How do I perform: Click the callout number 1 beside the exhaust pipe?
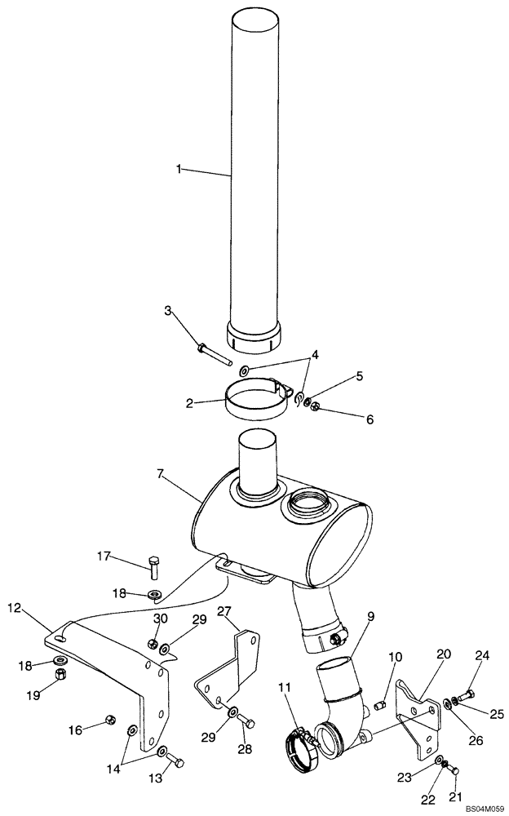coord(178,169)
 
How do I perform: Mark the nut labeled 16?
coord(110,719)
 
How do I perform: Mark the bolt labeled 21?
coord(455,769)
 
